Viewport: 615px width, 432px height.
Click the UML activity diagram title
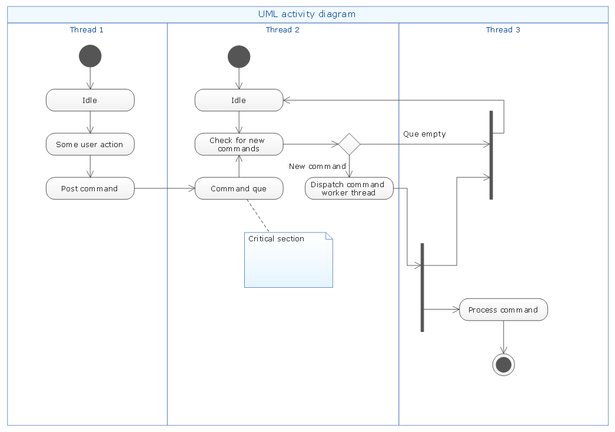tap(307, 14)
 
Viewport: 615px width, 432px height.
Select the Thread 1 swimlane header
tap(87, 30)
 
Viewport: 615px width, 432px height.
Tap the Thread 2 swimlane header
tap(282, 30)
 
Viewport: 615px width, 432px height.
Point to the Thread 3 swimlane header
tap(503, 30)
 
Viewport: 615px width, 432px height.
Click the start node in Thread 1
tap(90, 57)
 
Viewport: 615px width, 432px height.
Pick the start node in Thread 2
tap(239, 57)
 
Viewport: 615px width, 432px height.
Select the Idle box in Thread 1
tap(90, 100)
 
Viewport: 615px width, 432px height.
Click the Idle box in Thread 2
tap(239, 100)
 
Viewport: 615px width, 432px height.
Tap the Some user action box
tap(90, 144)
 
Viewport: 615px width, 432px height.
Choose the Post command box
tap(90, 188)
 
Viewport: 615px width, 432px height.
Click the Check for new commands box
tap(239, 144)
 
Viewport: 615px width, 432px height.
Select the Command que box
tap(239, 188)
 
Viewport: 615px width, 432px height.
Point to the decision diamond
tap(349, 144)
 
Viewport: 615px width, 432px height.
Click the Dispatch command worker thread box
tap(349, 188)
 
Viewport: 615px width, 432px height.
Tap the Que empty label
tap(424, 134)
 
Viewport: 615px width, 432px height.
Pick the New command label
tap(317, 167)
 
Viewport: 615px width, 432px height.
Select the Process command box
tap(503, 310)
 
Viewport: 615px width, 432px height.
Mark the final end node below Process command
tap(503, 365)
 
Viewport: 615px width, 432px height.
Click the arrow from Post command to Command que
tap(165, 188)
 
